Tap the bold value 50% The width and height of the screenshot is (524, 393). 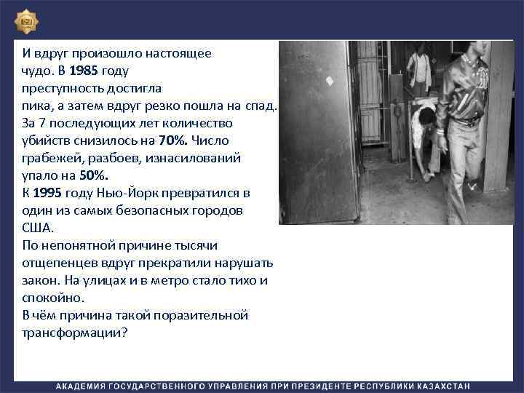pyautogui.click(x=92, y=175)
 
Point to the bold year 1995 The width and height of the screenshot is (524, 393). pyautogui.click(x=47, y=193)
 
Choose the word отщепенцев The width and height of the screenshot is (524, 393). pyautogui.click(x=55, y=262)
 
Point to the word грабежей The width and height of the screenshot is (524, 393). pyautogui.click(x=49, y=157)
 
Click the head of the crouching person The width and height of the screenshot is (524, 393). pyautogui.click(x=426, y=114)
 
